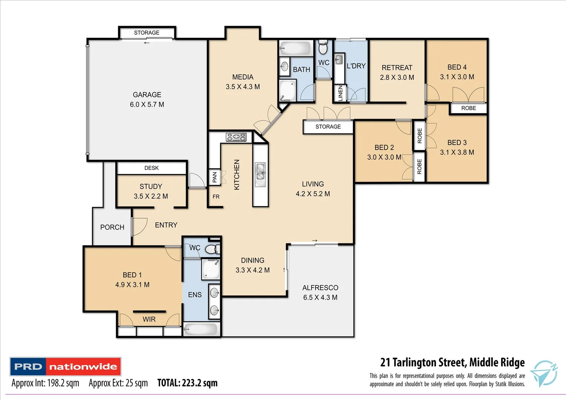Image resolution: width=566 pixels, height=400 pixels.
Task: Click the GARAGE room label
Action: point(147,95)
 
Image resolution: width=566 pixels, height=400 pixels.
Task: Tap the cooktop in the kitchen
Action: point(236,137)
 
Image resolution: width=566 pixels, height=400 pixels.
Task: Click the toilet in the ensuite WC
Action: point(212,249)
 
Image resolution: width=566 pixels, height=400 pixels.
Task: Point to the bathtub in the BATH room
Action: point(296,48)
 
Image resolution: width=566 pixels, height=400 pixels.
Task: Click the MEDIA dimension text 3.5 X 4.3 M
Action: point(243,87)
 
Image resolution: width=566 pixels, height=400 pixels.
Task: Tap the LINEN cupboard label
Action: point(340,93)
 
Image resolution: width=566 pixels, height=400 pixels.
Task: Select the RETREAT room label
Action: point(397,68)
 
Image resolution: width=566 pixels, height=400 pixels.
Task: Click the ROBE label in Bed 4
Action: point(468,108)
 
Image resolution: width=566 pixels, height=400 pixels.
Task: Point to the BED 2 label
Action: point(384,147)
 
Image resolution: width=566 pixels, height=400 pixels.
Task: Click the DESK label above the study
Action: point(152,168)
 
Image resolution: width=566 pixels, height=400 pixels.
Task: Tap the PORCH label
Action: point(112,227)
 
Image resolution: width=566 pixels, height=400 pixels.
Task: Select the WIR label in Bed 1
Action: point(149,319)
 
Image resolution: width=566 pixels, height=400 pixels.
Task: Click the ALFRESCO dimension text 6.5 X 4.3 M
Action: point(320,297)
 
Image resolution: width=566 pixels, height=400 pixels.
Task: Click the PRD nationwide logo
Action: point(66,367)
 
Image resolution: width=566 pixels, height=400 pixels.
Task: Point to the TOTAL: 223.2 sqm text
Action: point(187,383)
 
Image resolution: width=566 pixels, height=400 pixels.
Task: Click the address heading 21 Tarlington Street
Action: point(452,362)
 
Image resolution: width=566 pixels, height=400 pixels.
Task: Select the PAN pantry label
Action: point(214,177)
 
